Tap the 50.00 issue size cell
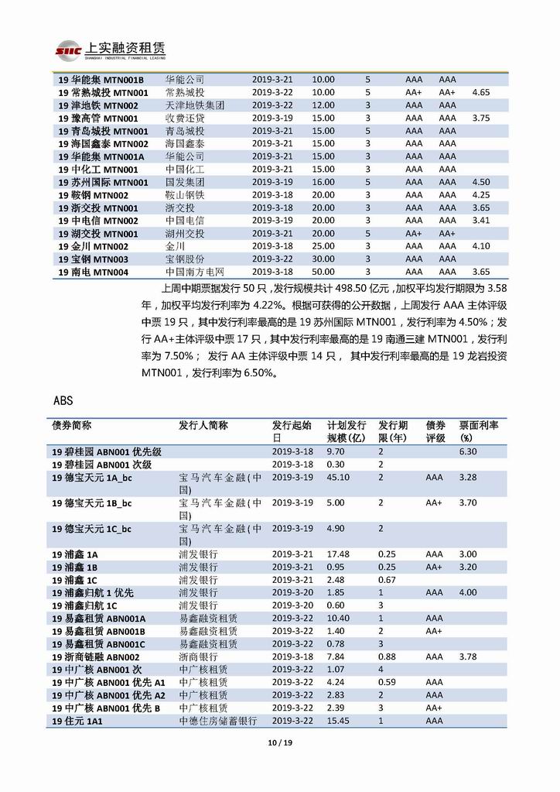[323, 273]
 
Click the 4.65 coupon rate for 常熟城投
[480, 92]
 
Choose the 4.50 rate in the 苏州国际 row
[480, 182]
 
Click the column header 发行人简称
[203, 426]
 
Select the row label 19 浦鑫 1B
[75, 567]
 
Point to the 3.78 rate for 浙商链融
[468, 657]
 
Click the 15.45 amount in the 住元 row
[338, 721]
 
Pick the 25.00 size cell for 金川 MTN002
[323, 246]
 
